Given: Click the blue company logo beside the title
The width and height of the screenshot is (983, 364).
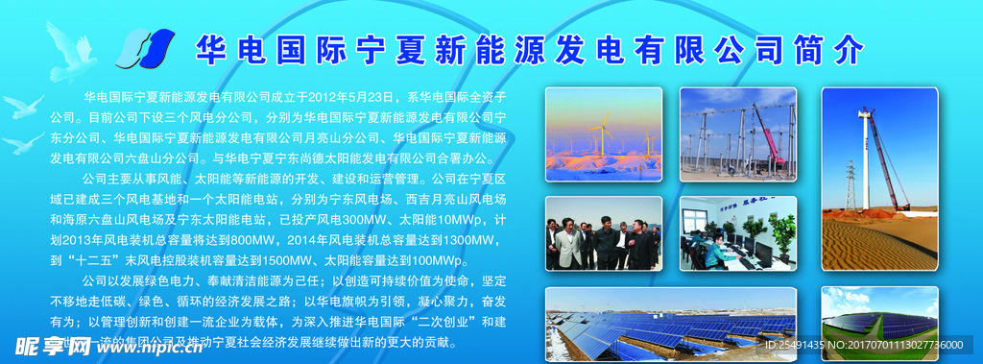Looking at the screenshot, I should pos(146,48).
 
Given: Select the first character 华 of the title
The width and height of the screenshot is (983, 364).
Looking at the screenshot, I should pos(210,49).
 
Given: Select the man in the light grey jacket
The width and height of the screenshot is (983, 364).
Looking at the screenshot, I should pos(569,244).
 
